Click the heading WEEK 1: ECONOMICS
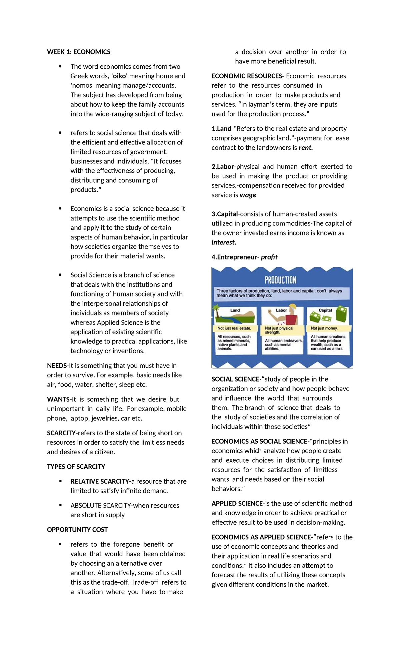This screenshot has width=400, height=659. (78, 52)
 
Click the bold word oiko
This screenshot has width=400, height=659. (119, 76)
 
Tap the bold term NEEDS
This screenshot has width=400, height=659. (57, 366)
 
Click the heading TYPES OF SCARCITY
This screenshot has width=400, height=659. (76, 467)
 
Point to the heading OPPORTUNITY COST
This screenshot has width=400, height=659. (77, 530)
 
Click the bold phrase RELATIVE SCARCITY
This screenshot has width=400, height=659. (100, 481)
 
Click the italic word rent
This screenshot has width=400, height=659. (305, 147)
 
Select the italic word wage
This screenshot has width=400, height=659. (248, 195)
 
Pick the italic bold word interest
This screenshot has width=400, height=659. (223, 242)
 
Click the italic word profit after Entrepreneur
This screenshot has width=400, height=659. (269, 257)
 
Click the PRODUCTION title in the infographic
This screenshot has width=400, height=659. (280, 280)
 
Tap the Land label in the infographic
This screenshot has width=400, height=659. (235, 310)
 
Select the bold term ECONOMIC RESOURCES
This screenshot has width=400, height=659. (247, 76)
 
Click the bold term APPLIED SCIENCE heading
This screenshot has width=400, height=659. (237, 503)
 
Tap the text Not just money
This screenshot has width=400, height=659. (324, 328)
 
